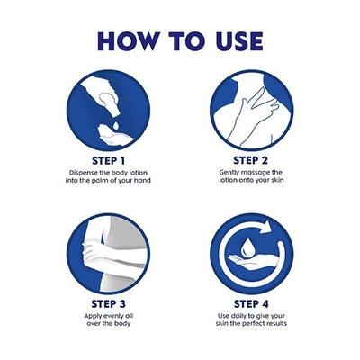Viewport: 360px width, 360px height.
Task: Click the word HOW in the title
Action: coord(129,41)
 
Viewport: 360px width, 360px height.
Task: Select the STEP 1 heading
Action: coord(108,160)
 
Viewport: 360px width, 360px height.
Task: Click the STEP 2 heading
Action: coord(250,160)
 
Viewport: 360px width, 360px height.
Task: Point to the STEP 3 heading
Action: coord(108,303)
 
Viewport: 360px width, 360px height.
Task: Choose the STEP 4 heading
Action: coord(251,303)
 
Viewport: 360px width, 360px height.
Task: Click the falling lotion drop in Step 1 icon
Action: coord(115,125)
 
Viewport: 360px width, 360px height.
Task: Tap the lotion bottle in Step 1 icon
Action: coord(108,102)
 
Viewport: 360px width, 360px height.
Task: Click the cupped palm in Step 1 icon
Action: coord(114,137)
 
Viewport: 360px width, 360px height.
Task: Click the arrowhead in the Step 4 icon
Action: coord(265,229)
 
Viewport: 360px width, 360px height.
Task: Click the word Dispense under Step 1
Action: coord(83,173)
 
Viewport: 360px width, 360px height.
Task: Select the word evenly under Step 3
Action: coord(112,316)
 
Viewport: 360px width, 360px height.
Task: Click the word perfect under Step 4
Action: coord(254,323)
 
